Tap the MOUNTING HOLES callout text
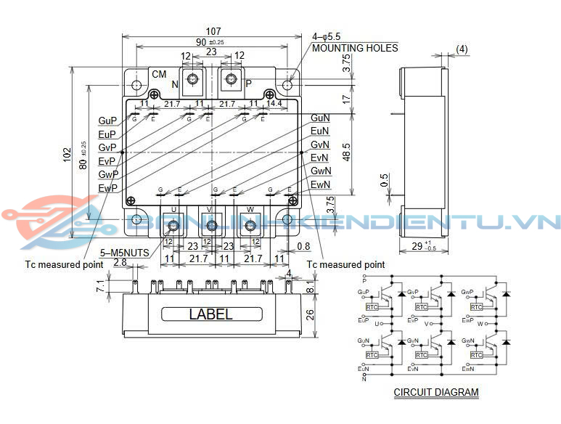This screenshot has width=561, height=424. click(x=355, y=48)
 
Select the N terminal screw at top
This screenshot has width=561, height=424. click(x=194, y=80)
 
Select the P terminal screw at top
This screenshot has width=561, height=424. click(x=232, y=80)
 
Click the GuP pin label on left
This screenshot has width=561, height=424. click(x=107, y=121)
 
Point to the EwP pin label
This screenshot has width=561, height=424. click(x=107, y=188)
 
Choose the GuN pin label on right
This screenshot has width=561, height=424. click(x=320, y=118)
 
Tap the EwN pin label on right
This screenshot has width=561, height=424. click(x=320, y=185)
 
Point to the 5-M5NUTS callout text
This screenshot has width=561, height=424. click(x=124, y=253)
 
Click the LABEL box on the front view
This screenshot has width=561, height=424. click(x=211, y=314)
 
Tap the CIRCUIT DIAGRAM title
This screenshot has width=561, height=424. click(x=436, y=392)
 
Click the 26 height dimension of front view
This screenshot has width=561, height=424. click(x=310, y=314)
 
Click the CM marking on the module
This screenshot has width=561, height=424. click(x=159, y=74)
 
